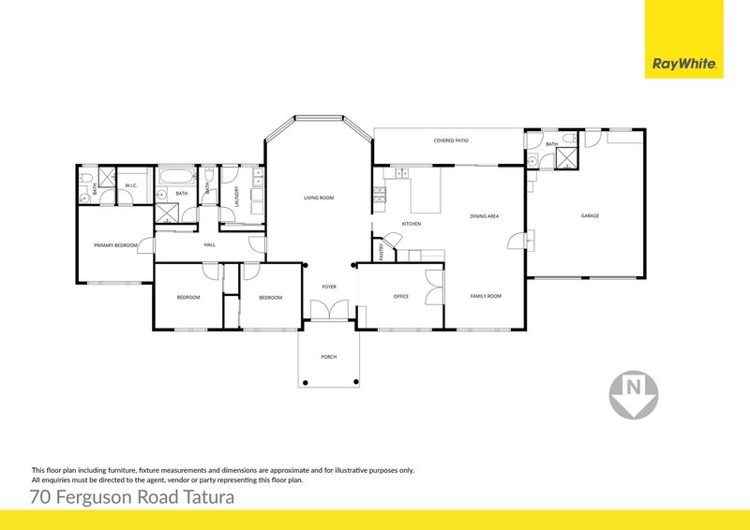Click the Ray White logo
tap(684, 65)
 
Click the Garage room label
tap(590, 216)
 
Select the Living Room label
tap(319, 199)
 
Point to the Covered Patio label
tap(451, 140)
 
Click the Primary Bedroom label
tap(116, 245)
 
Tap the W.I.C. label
tap(131, 185)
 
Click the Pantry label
tap(382, 250)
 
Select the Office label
tap(401, 297)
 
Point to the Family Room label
tap(486, 296)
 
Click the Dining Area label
tap(485, 216)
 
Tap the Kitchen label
tap(412, 225)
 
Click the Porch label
tap(328, 358)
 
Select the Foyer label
tap(329, 287)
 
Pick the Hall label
tap(211, 245)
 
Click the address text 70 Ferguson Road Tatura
tap(131, 495)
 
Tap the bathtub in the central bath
tap(175, 176)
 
